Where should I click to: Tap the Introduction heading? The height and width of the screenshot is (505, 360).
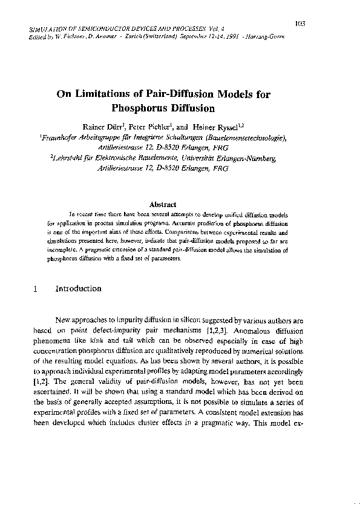click(x=79, y=289)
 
